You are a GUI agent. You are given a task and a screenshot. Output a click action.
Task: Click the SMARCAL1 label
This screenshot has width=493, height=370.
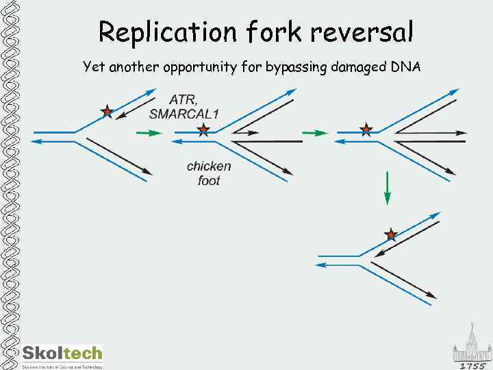[184, 114]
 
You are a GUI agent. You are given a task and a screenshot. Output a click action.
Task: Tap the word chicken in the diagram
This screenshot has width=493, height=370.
[209, 166]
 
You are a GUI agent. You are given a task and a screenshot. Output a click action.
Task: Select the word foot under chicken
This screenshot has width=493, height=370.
[209, 180]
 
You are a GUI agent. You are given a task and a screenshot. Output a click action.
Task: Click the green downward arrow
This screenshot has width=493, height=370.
[387, 188]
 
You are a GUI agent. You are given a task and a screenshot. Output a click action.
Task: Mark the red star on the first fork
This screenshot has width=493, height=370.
[107, 111]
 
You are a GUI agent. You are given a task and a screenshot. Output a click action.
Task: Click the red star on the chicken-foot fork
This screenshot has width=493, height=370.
[203, 130]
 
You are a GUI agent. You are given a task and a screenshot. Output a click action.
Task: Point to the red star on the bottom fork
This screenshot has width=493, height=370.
[391, 235]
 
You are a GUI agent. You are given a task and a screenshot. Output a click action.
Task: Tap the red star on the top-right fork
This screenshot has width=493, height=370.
[366, 129]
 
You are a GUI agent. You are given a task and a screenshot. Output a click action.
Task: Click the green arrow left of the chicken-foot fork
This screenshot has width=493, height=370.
[147, 132]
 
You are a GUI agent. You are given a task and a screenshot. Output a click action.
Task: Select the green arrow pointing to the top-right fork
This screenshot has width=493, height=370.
[314, 132]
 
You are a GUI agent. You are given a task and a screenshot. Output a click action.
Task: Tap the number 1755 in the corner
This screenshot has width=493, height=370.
[472, 365]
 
